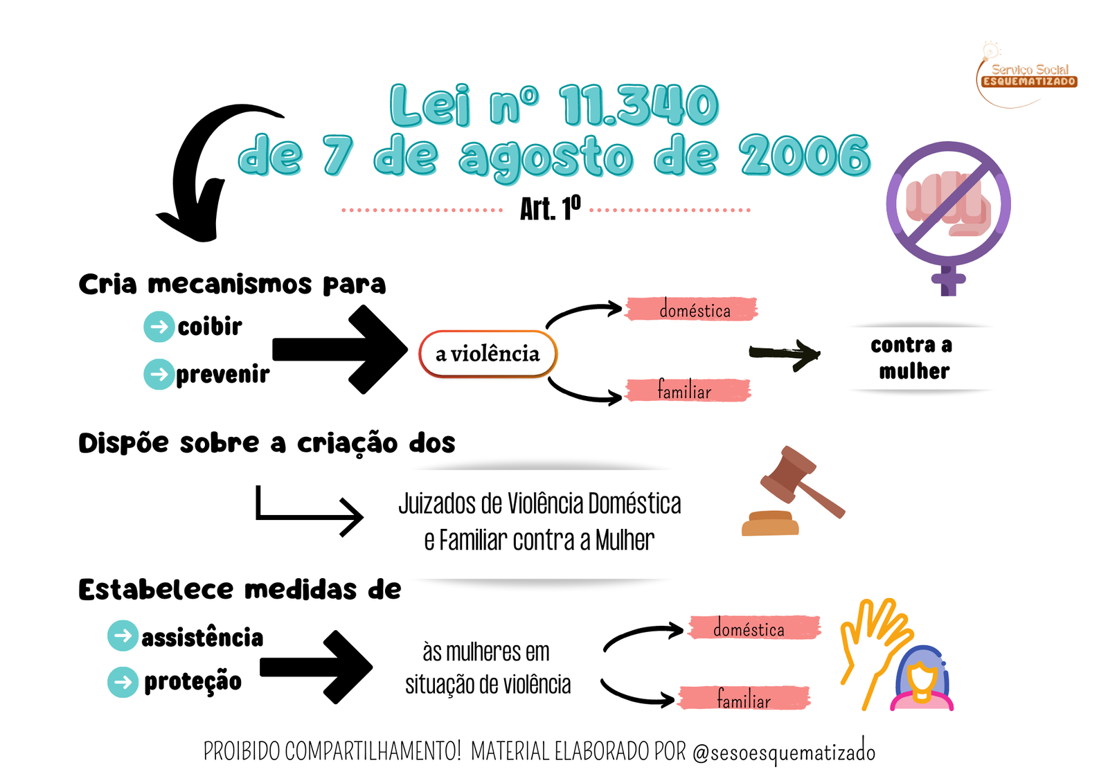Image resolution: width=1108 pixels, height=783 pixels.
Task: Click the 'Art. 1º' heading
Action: [550, 208]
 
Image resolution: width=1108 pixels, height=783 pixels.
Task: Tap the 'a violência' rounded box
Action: [488, 354]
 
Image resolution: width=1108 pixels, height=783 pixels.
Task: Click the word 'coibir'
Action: [210, 326]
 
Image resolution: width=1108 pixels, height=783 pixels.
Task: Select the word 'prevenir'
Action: [222, 374]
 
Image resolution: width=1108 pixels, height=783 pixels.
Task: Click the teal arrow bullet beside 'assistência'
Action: [123, 636]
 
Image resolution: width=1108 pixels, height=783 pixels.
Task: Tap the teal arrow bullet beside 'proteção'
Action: [123, 682]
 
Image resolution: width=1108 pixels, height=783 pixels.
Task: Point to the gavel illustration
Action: [796, 492]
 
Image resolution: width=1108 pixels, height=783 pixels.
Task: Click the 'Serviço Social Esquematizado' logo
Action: [1028, 75]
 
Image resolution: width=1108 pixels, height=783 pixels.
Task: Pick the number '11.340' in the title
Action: [638, 105]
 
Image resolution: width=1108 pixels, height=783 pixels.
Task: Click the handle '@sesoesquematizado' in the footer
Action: [784, 752]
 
